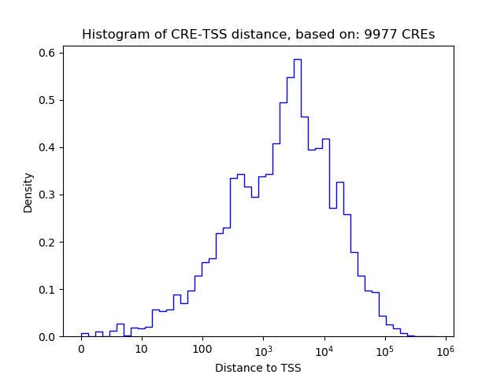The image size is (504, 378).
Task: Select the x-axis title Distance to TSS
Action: (258, 367)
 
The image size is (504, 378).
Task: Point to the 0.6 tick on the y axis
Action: (47, 53)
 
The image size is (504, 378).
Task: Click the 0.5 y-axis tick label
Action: (47, 100)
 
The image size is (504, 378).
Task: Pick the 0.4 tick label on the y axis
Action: (47, 147)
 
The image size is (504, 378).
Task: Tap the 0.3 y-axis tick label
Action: (47, 195)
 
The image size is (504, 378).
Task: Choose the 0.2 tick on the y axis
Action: (47, 242)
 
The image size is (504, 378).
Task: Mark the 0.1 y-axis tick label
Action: (47, 289)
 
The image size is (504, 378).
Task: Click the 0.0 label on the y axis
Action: (47, 336)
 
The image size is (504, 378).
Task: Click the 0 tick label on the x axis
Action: (81, 349)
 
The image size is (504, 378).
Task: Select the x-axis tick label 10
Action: (142, 349)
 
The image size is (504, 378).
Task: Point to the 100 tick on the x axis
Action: (202, 349)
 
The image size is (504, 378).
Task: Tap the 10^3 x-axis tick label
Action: (264, 348)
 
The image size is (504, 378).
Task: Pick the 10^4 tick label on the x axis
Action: (324, 348)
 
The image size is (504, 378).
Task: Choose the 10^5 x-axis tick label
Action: (385, 348)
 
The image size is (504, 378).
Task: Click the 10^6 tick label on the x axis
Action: (446, 348)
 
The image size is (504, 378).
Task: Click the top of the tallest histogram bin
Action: (298, 59)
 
